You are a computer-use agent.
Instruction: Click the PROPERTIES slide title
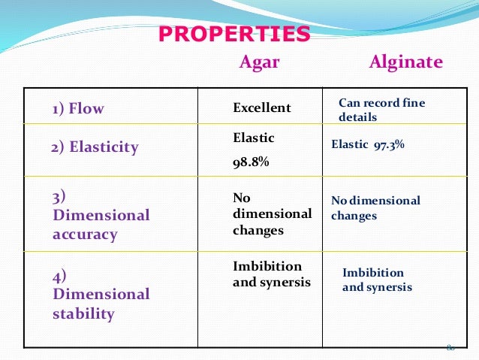[234, 35]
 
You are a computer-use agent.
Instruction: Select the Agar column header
[259, 62]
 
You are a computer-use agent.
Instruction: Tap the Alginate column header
[405, 62]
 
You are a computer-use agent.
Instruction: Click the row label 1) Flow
[78, 109]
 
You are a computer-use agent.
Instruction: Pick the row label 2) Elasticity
[95, 147]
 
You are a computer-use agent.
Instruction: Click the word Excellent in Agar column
[261, 108]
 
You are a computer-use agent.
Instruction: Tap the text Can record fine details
[381, 110]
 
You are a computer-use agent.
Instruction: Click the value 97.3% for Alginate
[389, 144]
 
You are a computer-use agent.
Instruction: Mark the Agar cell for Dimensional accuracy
[271, 213]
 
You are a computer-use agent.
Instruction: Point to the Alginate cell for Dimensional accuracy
[375, 208]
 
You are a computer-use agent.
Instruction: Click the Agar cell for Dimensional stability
[267, 275]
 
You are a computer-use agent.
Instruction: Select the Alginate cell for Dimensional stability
[377, 280]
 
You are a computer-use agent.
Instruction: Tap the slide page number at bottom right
[450, 347]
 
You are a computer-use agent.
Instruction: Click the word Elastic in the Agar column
[254, 138]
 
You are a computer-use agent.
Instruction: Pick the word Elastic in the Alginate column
[349, 144]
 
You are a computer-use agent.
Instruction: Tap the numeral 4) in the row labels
[59, 276]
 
